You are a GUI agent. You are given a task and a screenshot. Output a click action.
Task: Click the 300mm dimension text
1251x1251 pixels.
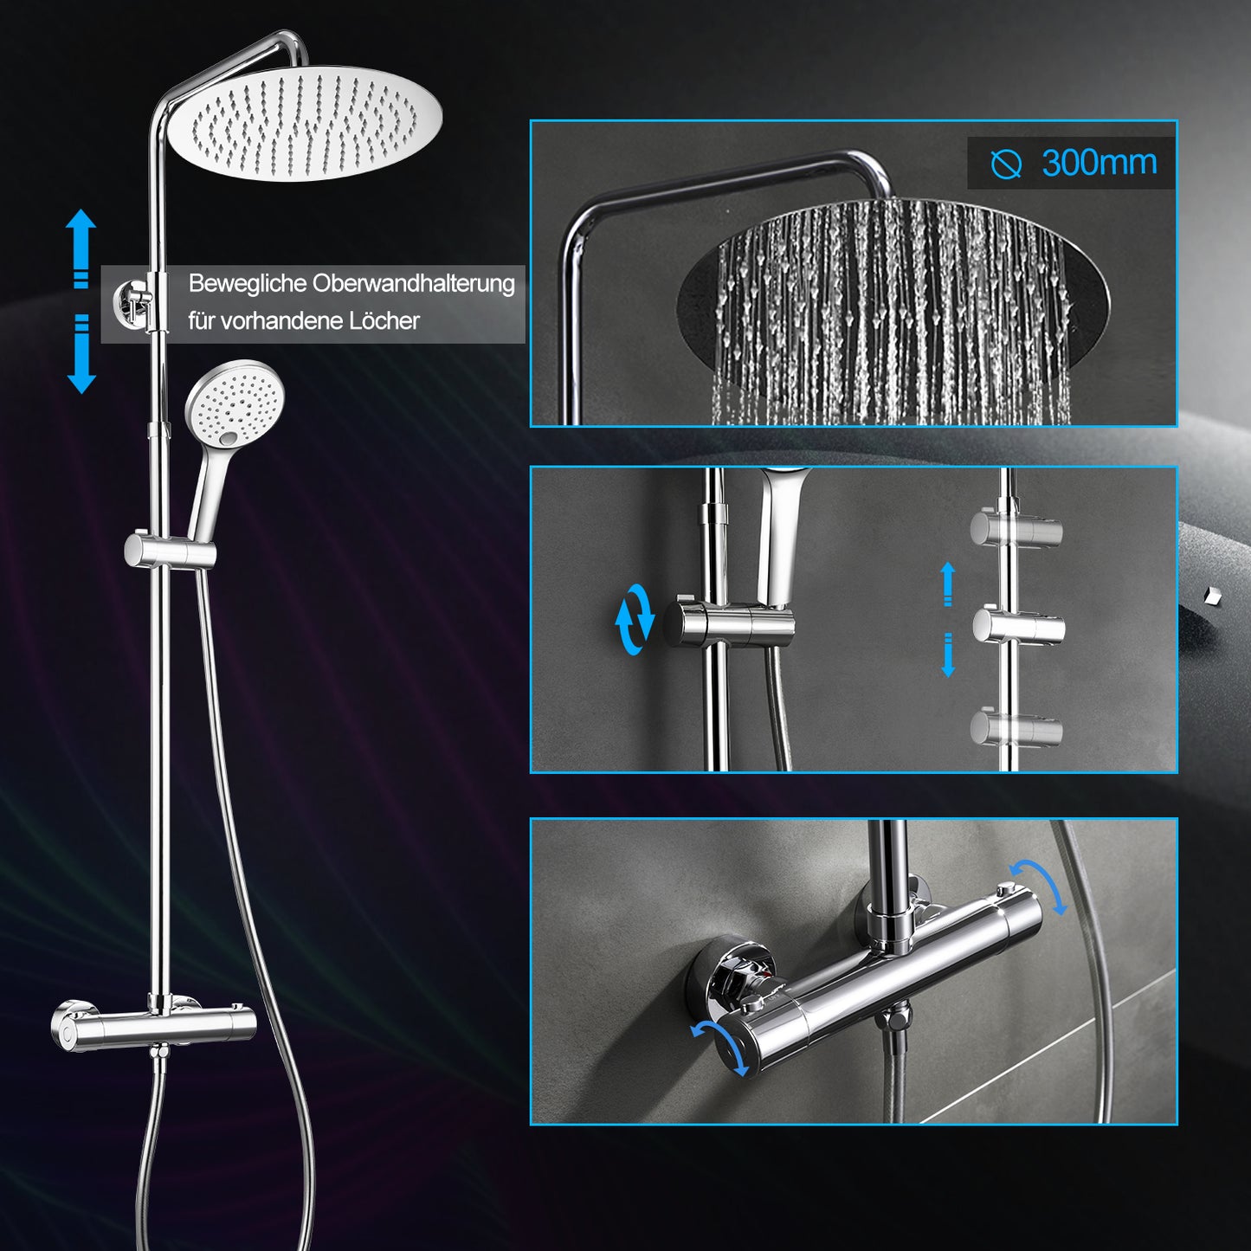click(x=1099, y=162)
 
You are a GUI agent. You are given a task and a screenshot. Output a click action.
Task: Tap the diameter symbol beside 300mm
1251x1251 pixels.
click(x=1006, y=164)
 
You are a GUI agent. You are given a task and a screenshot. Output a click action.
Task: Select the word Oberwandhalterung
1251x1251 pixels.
click(x=414, y=284)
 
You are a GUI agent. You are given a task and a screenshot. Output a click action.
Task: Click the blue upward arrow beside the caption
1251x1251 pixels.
click(x=81, y=248)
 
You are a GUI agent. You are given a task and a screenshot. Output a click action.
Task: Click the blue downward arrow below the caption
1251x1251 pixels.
click(x=81, y=354)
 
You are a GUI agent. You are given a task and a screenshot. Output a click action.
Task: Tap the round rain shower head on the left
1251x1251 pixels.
click(x=306, y=122)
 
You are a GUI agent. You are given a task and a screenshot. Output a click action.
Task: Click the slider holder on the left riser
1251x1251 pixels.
click(x=170, y=551)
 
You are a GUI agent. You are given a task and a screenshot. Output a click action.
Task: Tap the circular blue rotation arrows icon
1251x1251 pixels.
click(x=635, y=619)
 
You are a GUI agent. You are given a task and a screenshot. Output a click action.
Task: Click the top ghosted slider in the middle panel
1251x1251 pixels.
click(x=1016, y=529)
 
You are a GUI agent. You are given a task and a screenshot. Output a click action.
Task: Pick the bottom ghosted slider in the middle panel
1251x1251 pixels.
click(x=1016, y=728)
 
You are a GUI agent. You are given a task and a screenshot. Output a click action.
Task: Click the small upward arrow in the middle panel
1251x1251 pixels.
click(x=948, y=584)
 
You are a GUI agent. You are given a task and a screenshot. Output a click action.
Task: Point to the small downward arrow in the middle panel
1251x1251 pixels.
click(x=948, y=655)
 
